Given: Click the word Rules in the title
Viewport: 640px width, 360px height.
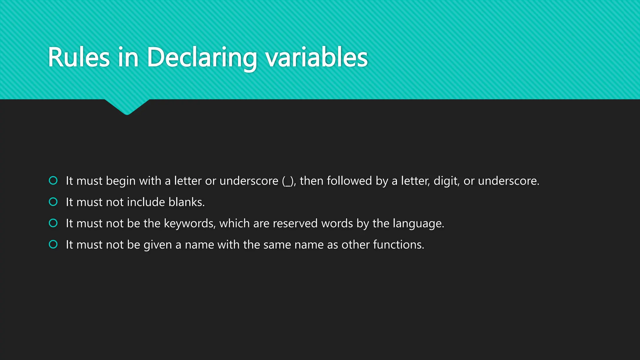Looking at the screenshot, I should (79, 57).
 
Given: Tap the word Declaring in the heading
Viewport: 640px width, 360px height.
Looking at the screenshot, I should (202, 57).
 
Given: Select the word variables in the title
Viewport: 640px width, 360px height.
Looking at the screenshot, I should (317, 57).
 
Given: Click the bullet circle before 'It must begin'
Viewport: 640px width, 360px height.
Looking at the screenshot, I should (53, 181).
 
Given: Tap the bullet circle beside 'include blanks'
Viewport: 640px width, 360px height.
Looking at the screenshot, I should (53, 202).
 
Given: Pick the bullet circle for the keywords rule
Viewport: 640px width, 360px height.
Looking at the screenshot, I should (53, 223).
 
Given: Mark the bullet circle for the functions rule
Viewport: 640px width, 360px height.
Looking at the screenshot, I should (53, 244).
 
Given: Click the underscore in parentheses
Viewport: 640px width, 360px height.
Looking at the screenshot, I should (288, 184).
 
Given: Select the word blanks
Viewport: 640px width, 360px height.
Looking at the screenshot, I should (186, 202).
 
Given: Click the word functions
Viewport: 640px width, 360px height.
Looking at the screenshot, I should (398, 245).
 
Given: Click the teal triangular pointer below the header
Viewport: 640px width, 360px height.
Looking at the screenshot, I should (127, 106).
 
